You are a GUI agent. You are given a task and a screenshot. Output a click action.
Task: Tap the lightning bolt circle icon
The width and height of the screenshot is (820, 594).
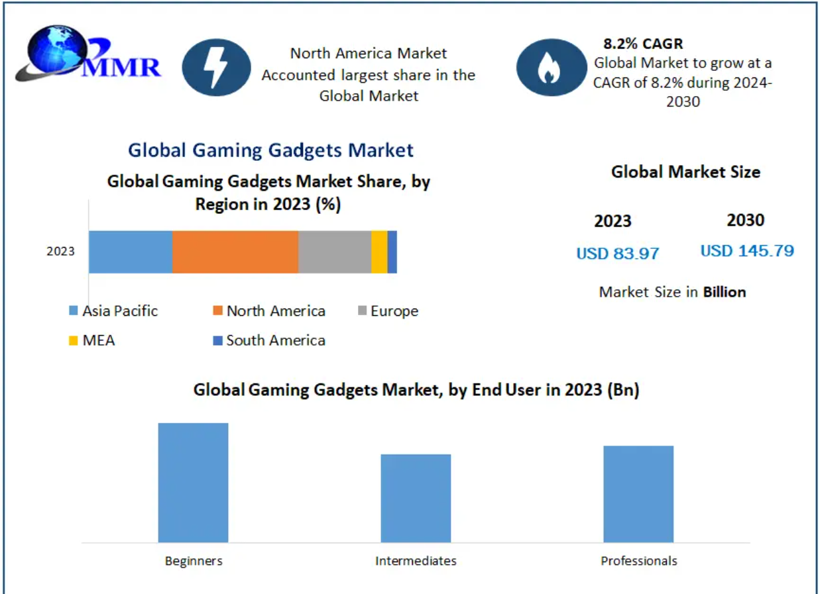pos(216,68)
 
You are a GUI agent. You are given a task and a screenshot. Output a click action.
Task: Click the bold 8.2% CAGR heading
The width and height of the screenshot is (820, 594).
pos(642,44)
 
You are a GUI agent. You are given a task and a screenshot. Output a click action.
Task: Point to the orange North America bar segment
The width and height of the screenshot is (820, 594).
pos(235,252)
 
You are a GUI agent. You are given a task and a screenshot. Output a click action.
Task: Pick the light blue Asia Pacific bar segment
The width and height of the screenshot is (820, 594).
pos(131,252)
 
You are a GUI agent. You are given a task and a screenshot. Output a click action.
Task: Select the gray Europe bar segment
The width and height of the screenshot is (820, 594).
pos(334,252)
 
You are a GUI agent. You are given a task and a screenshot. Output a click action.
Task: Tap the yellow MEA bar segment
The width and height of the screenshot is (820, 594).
pos(379,252)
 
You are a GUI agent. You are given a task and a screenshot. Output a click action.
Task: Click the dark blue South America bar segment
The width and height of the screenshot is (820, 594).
pos(392,252)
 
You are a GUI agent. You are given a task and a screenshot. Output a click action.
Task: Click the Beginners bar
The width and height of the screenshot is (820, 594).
pos(193,482)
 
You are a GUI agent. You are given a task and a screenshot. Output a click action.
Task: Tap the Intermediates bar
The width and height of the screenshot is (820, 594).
pos(416,498)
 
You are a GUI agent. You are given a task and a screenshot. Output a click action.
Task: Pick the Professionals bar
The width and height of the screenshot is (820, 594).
pos(638,494)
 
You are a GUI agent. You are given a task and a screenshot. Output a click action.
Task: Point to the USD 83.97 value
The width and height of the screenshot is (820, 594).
pos(618,253)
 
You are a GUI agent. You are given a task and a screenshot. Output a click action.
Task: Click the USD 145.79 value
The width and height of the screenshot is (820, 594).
pos(747,250)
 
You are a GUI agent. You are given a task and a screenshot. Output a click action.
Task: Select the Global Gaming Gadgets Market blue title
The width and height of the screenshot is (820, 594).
pos(270,150)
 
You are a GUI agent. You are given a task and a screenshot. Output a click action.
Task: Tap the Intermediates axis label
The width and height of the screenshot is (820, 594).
pos(416,561)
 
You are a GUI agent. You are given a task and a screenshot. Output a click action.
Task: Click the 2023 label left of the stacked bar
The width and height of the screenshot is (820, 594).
pos(60,252)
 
